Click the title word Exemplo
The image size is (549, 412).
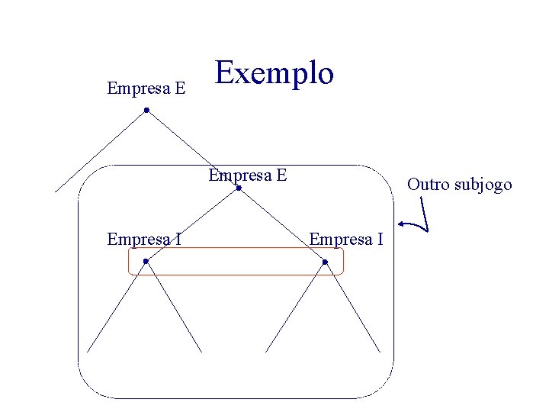click(x=274, y=73)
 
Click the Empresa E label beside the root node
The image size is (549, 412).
click(x=146, y=89)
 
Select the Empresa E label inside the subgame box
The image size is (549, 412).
click(x=248, y=175)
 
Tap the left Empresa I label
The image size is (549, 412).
click(x=144, y=240)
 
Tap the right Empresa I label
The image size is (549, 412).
click(x=345, y=240)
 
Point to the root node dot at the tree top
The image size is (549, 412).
click(x=146, y=111)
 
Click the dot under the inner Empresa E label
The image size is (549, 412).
click(x=239, y=188)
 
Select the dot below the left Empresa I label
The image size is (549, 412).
click(x=146, y=262)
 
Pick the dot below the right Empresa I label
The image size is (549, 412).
click(x=325, y=262)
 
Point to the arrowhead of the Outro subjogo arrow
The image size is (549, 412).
click(x=402, y=224)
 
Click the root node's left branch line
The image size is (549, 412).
click(x=101, y=151)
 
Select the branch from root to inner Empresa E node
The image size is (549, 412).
click(x=192, y=150)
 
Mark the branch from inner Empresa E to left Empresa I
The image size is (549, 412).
click(x=192, y=224)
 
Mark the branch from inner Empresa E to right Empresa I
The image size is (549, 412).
click(x=282, y=225)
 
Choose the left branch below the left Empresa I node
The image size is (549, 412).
click(x=116, y=307)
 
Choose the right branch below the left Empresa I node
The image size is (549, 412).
click(x=174, y=307)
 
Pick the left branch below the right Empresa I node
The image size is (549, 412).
click(x=295, y=307)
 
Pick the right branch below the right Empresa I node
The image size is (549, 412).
click(x=352, y=307)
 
